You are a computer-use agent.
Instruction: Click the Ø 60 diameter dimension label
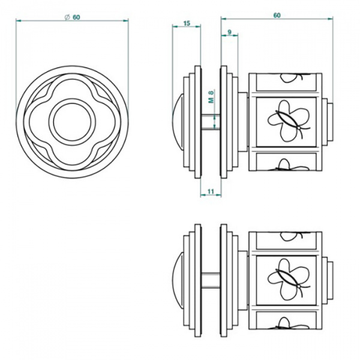pyautogui.click(x=73, y=17)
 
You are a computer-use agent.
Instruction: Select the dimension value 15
pyautogui.click(x=186, y=23)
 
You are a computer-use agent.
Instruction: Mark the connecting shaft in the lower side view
pyautogui.click(x=210, y=281)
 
